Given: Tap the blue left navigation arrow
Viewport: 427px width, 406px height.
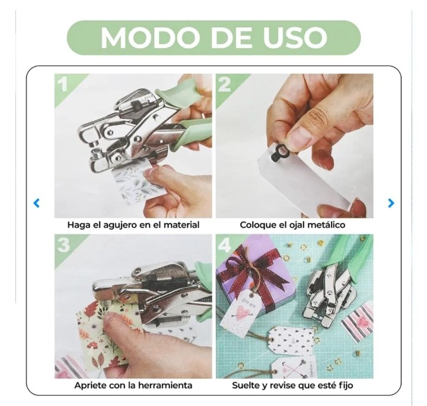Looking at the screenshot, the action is point(37,203).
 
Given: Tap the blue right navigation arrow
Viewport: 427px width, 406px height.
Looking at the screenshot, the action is point(391,203).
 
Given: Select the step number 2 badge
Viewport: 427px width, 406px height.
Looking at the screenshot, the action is point(225,84).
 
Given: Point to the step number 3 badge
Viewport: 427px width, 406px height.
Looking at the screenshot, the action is point(63,245).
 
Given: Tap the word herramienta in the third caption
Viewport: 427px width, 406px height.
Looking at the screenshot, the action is point(165,386).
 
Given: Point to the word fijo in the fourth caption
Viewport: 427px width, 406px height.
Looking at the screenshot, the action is point(346,386).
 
